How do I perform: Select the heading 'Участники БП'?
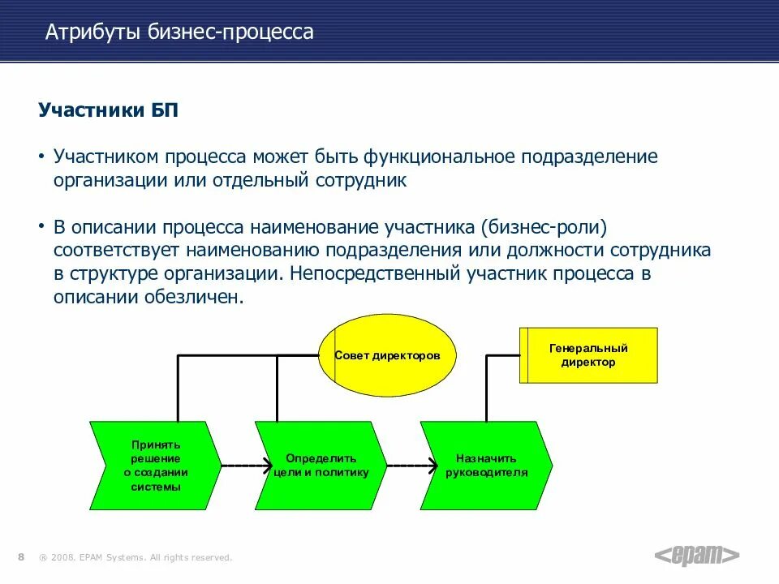pyautogui.click(x=108, y=110)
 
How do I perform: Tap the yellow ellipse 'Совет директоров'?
pyautogui.click(x=386, y=356)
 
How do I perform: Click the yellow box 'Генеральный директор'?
pyautogui.click(x=588, y=355)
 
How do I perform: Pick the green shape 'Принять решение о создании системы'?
pyautogui.click(x=155, y=466)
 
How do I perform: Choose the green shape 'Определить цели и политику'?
pyautogui.click(x=321, y=466)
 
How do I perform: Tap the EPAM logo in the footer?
pyautogui.click(x=697, y=555)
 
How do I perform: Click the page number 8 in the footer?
pyautogui.click(x=20, y=556)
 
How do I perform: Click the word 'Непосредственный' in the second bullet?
pyautogui.click(x=374, y=273)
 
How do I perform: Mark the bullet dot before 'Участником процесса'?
pyautogui.click(x=42, y=156)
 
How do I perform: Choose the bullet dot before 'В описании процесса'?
pyautogui.click(x=42, y=226)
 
